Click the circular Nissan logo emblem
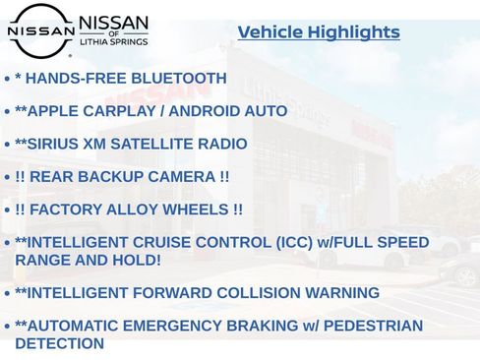40,30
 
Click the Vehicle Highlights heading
319,32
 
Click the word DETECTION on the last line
59,344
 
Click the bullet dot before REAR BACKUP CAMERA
8,178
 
